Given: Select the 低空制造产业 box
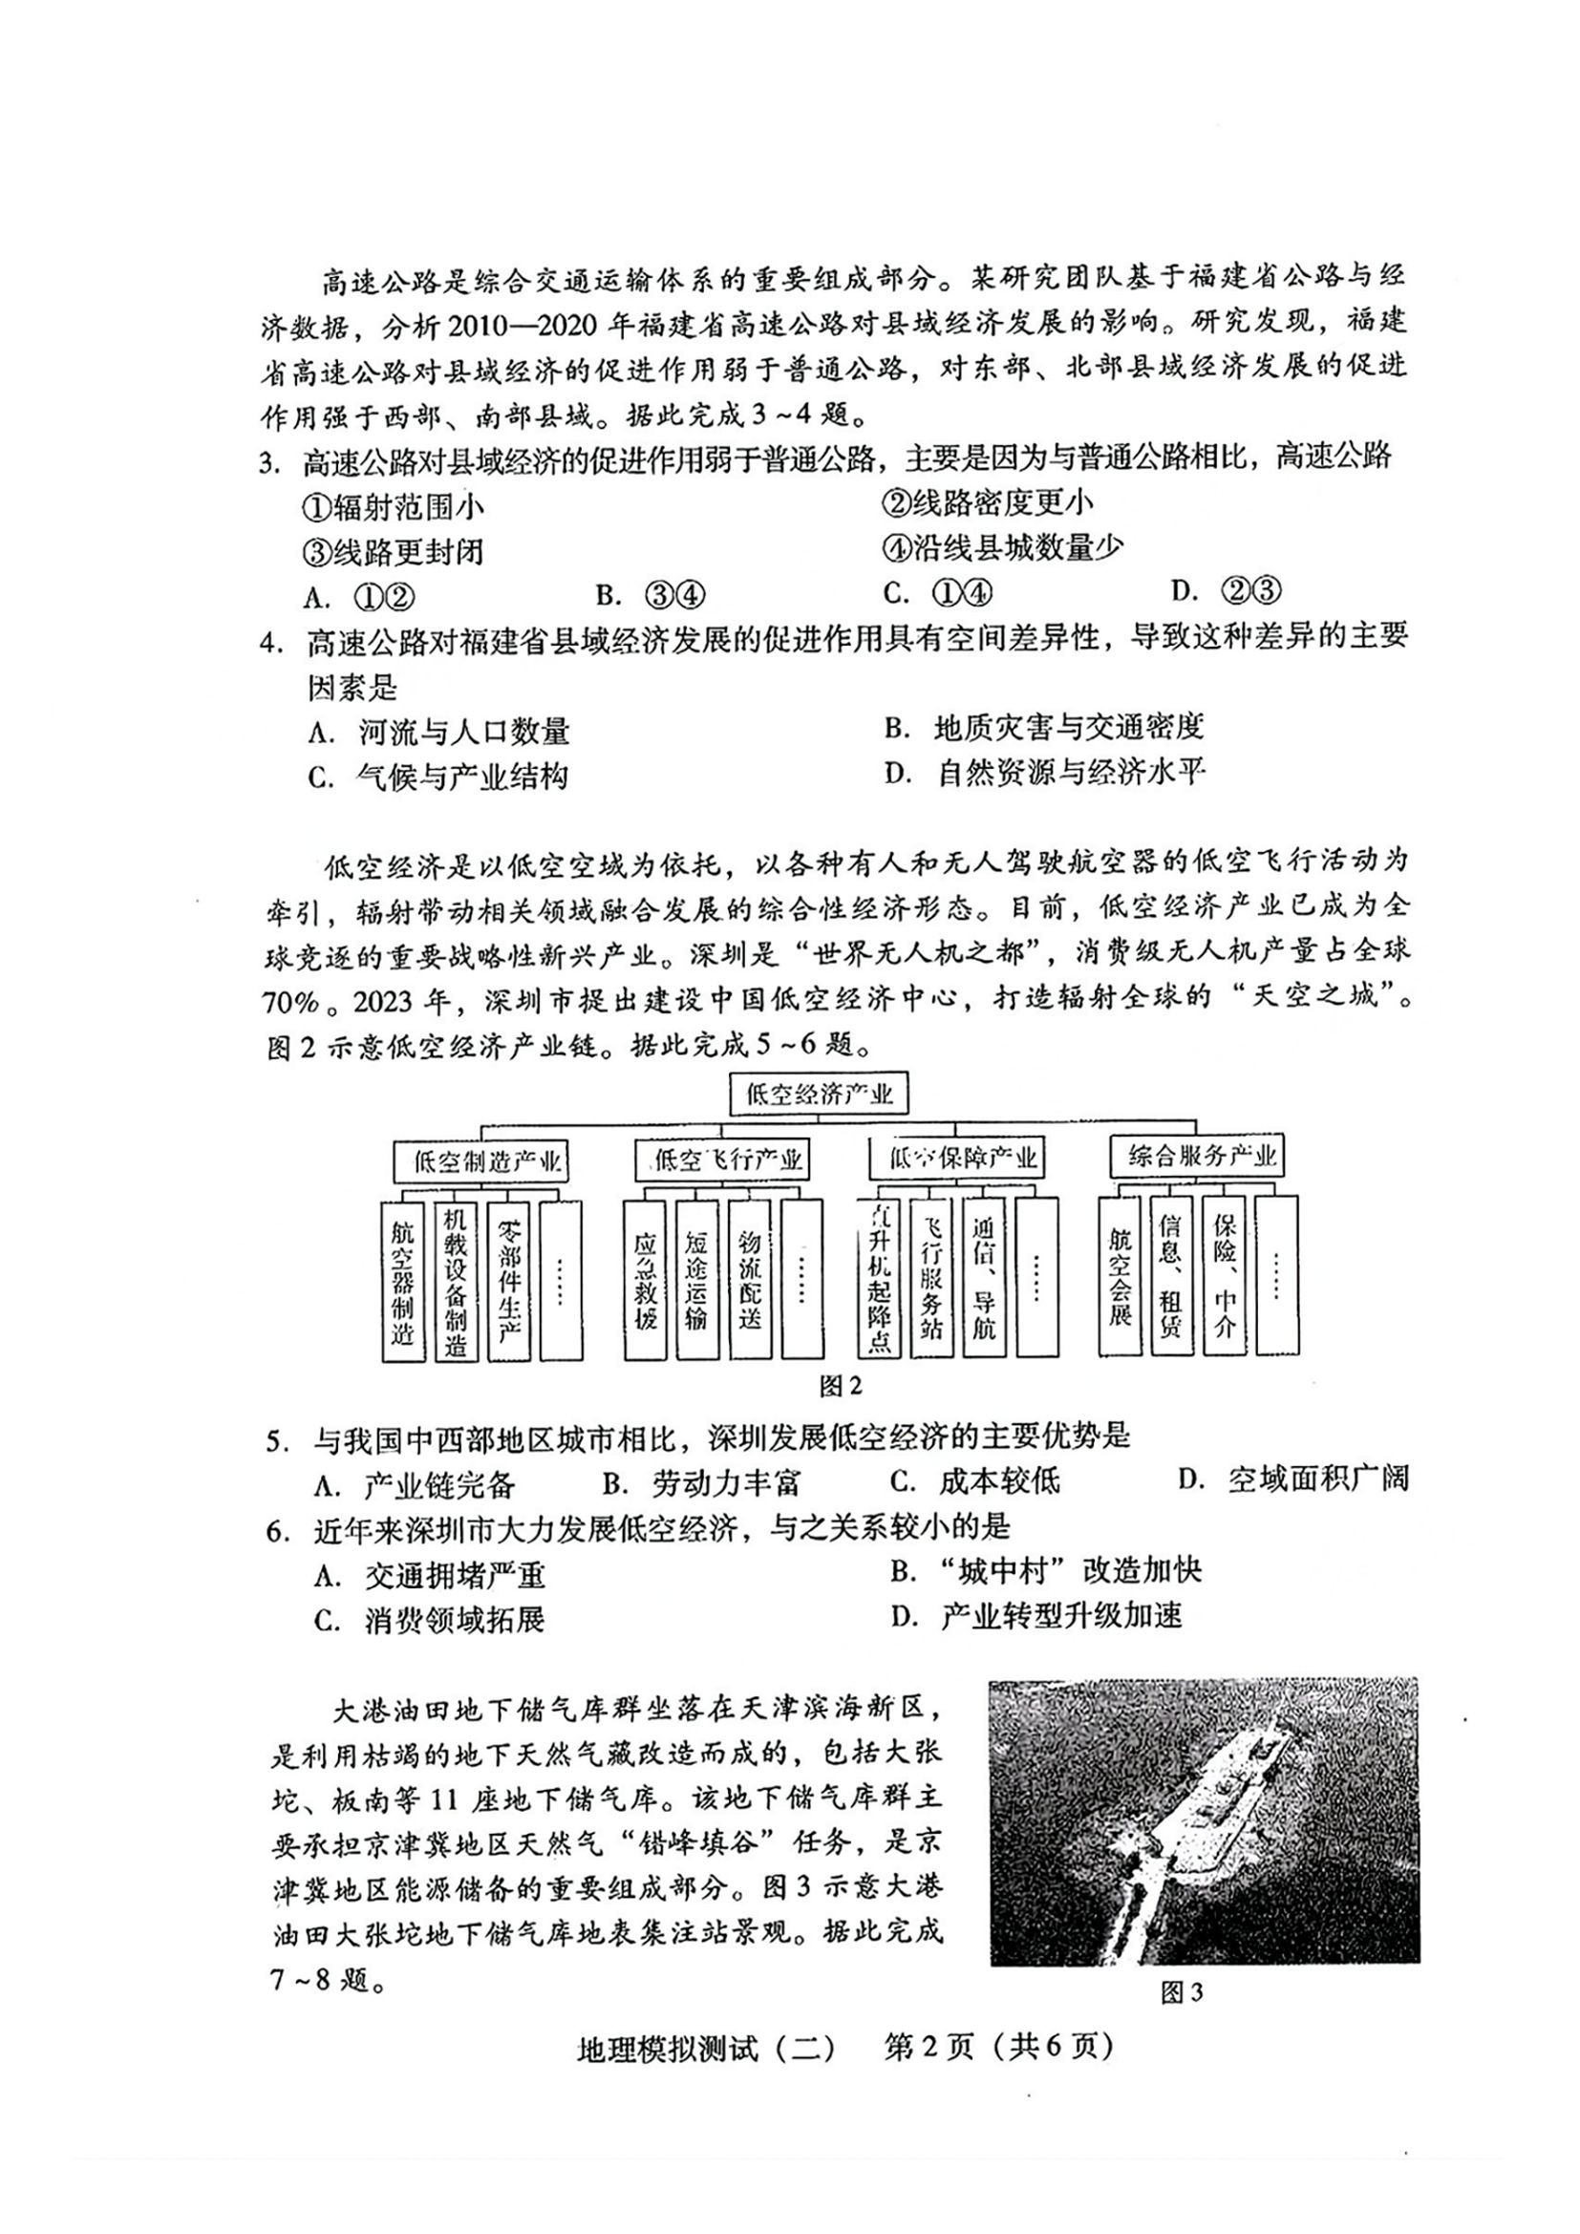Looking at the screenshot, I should [x=480, y=1160].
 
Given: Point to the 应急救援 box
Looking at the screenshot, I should [x=644, y=1281].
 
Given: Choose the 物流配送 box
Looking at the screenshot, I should [x=749, y=1281].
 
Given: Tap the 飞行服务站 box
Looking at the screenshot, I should [x=932, y=1279].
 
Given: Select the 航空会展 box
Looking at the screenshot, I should [x=1120, y=1277].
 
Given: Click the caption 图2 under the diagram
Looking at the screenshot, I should [x=841, y=1385].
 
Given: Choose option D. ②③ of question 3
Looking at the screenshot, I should [x=1228, y=590].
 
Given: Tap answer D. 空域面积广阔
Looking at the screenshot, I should [x=1292, y=1479].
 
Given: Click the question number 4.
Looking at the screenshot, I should [x=271, y=644].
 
